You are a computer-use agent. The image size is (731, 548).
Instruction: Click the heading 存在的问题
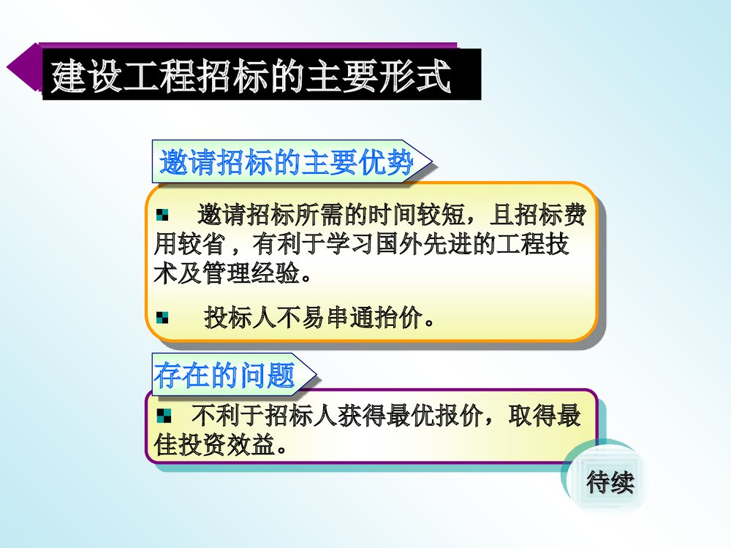click(x=225, y=375)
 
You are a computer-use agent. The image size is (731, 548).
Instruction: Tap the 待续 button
click(x=610, y=482)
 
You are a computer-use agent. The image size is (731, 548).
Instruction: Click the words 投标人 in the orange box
click(x=229, y=319)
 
